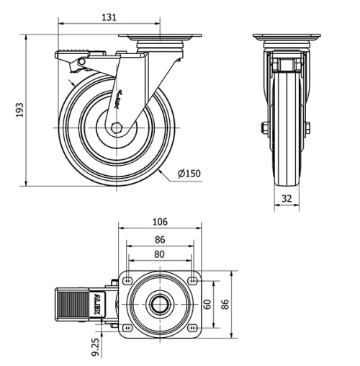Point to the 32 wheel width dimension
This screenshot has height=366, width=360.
coord(286,199)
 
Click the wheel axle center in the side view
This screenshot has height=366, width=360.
coord(116,128)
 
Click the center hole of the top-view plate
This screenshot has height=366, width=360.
coord(159,304)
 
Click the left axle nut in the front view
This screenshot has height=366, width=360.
coord(264,129)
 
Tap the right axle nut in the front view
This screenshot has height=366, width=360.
coord(307,129)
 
